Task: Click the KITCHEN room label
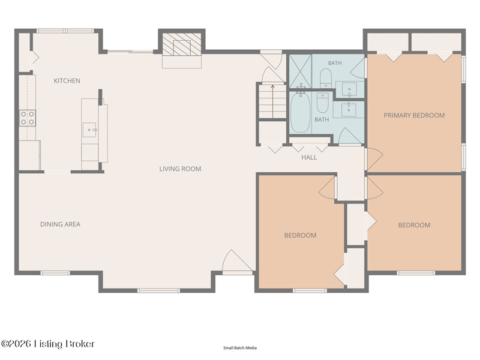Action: [x=67, y=81]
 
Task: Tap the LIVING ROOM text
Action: [x=181, y=169]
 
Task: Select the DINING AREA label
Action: [x=61, y=224]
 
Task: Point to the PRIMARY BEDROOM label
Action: [x=414, y=115]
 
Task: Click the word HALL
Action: [x=309, y=157]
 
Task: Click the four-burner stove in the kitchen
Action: [x=28, y=118]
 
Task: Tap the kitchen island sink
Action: [x=89, y=130]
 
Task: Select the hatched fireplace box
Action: [x=181, y=44]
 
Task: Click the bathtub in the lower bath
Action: [x=301, y=112]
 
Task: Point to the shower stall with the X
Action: [x=301, y=71]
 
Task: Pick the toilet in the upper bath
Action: [x=326, y=78]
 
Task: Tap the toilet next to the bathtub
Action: [x=322, y=103]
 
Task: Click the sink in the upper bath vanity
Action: [x=349, y=89]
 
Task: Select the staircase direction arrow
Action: [x=273, y=101]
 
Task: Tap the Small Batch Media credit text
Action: [x=240, y=348]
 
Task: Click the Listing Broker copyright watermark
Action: [x=48, y=344]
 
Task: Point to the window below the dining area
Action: [x=55, y=273]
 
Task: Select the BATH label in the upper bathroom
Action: [x=335, y=63]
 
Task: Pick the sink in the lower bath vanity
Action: [x=349, y=110]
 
